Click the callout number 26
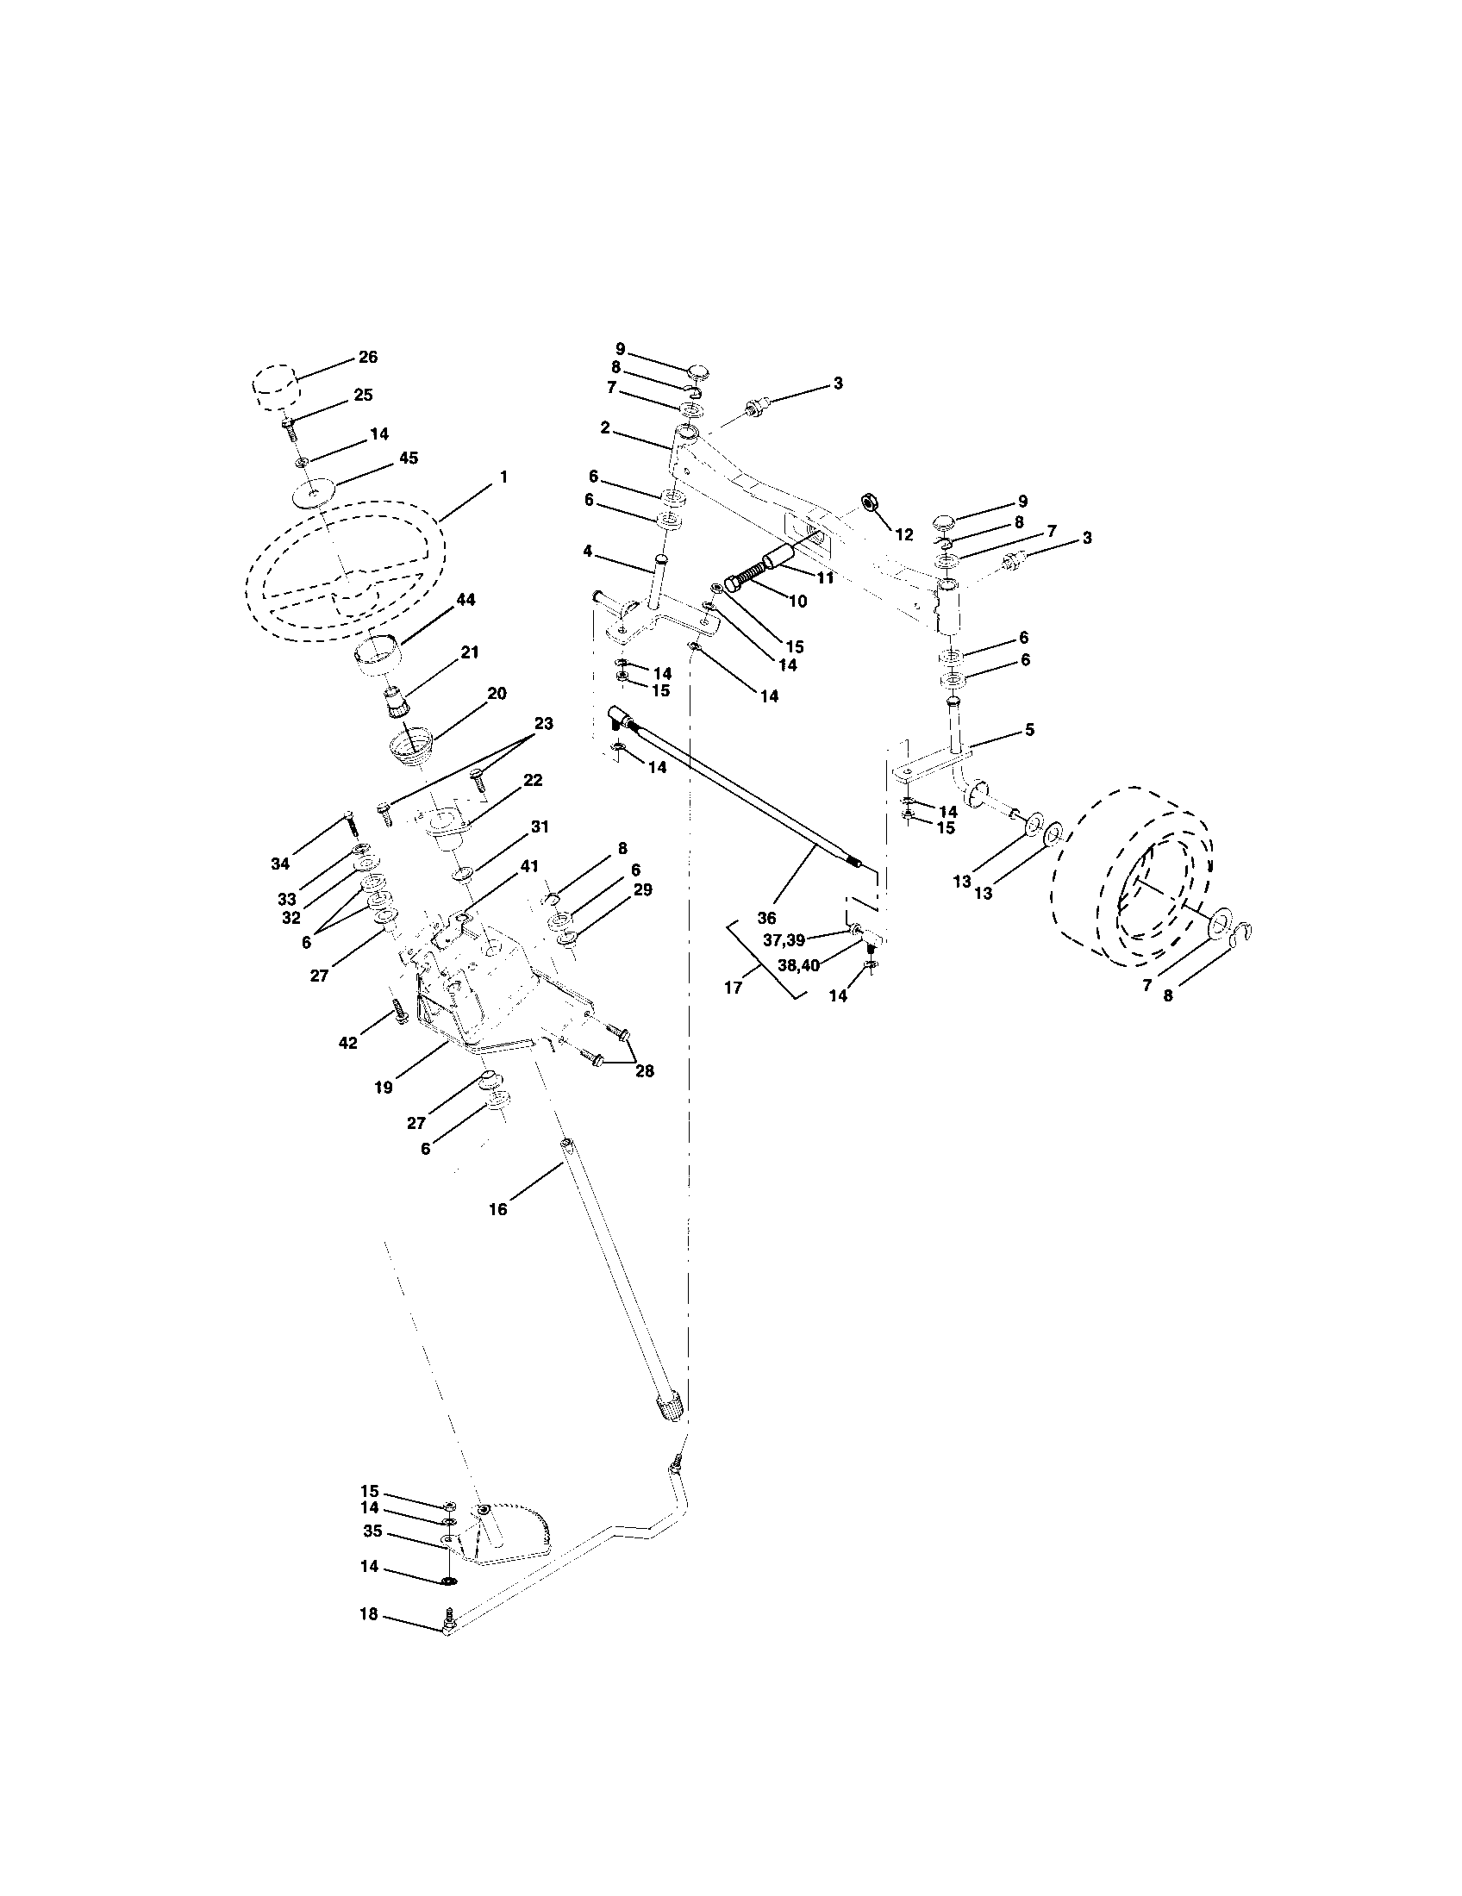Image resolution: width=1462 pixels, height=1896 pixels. [368, 357]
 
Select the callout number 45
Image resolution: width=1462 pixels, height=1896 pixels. [407, 458]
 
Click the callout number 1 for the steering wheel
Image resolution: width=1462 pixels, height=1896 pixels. [503, 477]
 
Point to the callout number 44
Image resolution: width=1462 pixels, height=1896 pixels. [466, 600]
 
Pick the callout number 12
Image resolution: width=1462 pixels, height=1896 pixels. [903, 535]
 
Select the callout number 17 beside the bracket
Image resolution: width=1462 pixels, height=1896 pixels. [733, 987]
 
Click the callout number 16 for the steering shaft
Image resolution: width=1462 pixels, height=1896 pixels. [497, 1208]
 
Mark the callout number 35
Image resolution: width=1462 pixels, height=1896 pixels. [372, 1531]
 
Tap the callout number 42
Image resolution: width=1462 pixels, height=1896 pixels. [347, 1044]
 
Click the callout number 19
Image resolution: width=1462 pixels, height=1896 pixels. [384, 1087]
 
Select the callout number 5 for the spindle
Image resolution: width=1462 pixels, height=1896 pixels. [1029, 730]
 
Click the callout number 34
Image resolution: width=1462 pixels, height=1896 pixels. [279, 864]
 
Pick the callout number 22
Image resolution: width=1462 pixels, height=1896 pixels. [533, 781]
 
